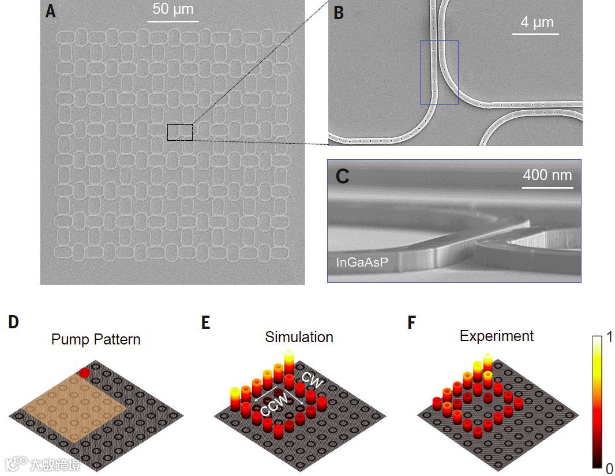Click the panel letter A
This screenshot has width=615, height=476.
51,12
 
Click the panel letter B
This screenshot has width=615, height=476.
339,13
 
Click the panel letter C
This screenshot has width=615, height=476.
342,175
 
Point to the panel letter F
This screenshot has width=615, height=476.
411,322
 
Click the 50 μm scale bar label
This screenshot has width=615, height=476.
173,9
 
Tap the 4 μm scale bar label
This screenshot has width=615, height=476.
537,23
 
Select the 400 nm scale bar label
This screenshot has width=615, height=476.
547,174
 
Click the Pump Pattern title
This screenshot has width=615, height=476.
96,339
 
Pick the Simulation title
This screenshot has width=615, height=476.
299,337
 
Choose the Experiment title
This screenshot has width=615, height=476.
496,336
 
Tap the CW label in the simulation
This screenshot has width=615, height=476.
312,380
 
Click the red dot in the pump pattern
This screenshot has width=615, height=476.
84,373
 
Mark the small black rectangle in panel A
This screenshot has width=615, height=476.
180,132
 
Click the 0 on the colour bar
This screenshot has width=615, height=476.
609,468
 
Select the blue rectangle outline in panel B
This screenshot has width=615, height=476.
439,72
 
